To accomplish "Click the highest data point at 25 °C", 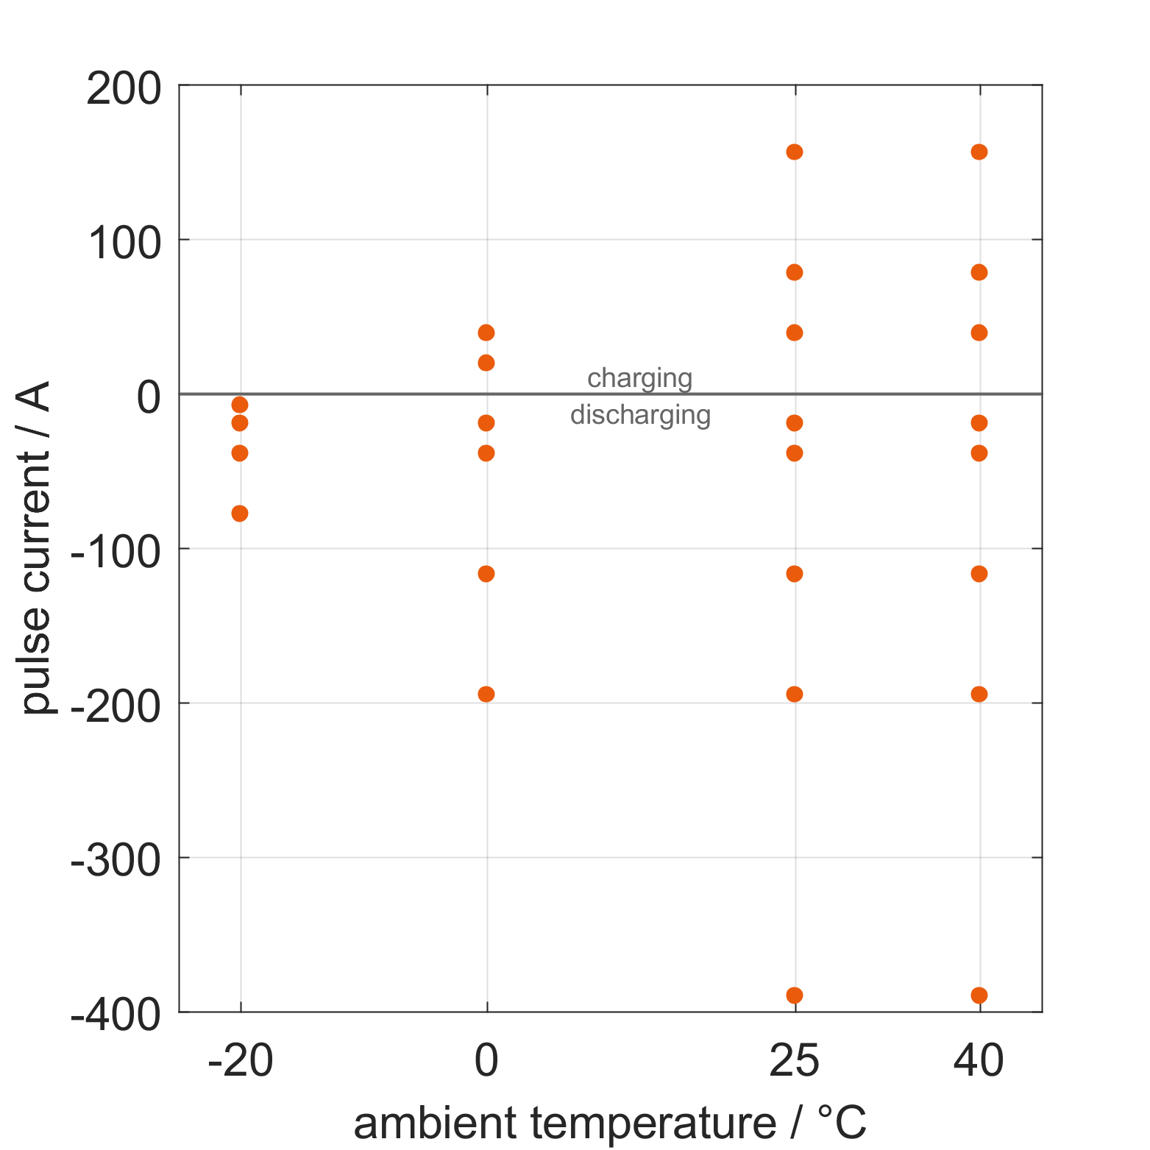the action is pyautogui.click(x=795, y=152).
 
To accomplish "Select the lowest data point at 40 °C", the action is pyautogui.click(x=979, y=995).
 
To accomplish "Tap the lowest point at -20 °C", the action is pyautogui.click(x=240, y=514).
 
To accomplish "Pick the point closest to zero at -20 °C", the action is pyautogui.click(x=240, y=405).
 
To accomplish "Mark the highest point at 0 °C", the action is pyautogui.click(x=486, y=333).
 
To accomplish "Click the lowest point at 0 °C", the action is pyautogui.click(x=486, y=695).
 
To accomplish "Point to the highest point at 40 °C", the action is pyautogui.click(x=979, y=152).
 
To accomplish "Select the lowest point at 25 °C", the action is pyautogui.click(x=795, y=995).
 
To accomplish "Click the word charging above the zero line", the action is pyautogui.click(x=640, y=379).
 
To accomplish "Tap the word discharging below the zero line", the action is pyautogui.click(x=641, y=416).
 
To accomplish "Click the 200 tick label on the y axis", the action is pyautogui.click(x=124, y=90).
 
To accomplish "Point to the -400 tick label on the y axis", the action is pyautogui.click(x=116, y=1017).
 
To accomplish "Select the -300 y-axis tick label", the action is pyautogui.click(x=116, y=862).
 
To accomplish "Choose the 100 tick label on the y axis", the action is pyautogui.click(x=124, y=244).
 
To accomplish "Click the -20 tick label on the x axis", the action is pyautogui.click(x=241, y=1062).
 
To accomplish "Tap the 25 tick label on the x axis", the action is pyautogui.click(x=795, y=1062).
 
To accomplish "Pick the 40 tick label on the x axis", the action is pyautogui.click(x=979, y=1062).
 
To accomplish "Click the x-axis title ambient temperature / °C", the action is pyautogui.click(x=610, y=1124).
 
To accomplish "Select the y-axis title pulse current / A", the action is pyautogui.click(x=35, y=548).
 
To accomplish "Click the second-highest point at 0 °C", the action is pyautogui.click(x=486, y=363).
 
